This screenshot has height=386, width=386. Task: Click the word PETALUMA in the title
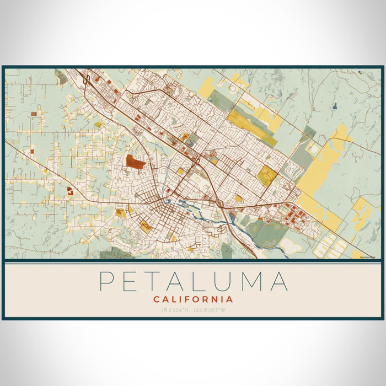click(x=193, y=281)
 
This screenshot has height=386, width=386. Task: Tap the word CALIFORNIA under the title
click(x=193, y=299)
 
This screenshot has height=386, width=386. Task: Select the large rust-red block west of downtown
click(x=135, y=162)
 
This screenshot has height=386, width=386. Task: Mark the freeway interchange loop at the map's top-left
click(x=87, y=81)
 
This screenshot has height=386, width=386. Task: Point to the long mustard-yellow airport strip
click(x=251, y=124)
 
